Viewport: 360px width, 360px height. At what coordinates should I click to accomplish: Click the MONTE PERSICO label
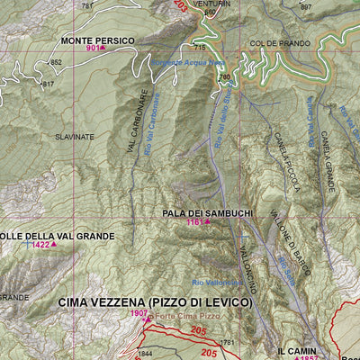pyautogui.click(x=98, y=41)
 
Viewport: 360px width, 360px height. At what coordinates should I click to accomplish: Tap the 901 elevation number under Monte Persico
pyautogui.click(x=93, y=49)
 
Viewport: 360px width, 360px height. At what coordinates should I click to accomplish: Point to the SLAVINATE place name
pyautogui.click(x=74, y=137)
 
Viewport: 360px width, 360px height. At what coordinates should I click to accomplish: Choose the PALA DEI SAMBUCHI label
pyautogui.click(x=207, y=212)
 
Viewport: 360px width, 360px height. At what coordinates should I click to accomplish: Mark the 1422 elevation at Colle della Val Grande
pyautogui.click(x=40, y=245)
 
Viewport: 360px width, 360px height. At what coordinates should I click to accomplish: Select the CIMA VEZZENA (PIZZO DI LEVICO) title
pyautogui.click(x=155, y=302)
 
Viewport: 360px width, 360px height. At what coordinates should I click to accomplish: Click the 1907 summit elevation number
pyautogui.click(x=138, y=313)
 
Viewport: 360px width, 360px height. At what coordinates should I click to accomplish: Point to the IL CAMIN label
pyautogui.click(x=296, y=349)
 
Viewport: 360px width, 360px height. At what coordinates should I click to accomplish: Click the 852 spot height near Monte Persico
pyautogui.click(x=56, y=62)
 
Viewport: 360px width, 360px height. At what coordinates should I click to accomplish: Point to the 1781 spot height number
pyautogui.click(x=228, y=343)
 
